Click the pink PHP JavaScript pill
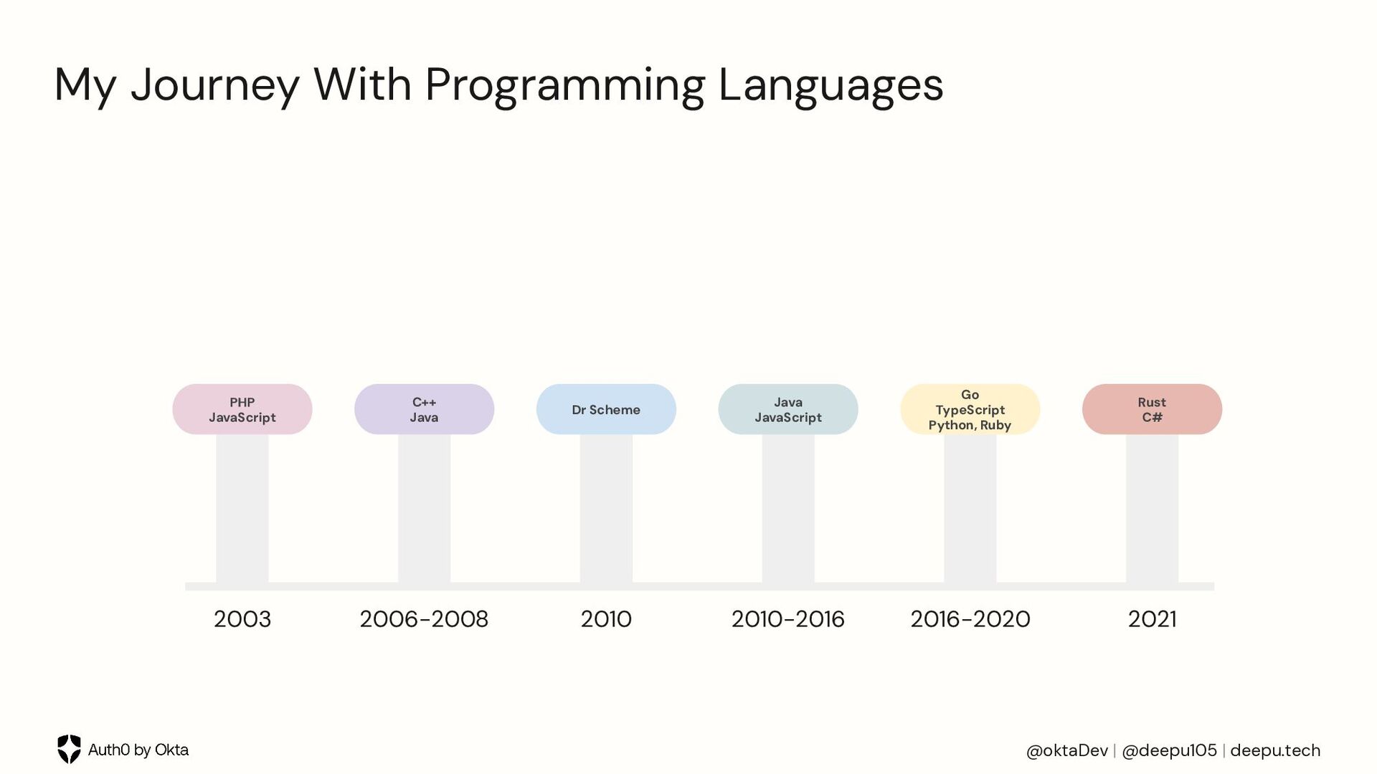242,409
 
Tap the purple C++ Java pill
424,409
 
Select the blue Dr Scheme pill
606,409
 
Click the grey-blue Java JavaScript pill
787,409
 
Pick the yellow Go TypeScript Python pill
970,409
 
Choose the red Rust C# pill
1152,409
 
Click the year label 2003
242,619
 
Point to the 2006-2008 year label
424,619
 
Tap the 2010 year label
606,619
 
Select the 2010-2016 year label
787,619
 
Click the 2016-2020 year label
970,619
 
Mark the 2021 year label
1152,619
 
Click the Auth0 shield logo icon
69,749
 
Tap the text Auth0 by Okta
138,750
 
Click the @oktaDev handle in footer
1066,750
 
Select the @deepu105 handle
1169,750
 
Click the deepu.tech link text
1274,750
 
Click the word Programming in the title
564,86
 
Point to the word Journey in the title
214,86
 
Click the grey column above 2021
1152,509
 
